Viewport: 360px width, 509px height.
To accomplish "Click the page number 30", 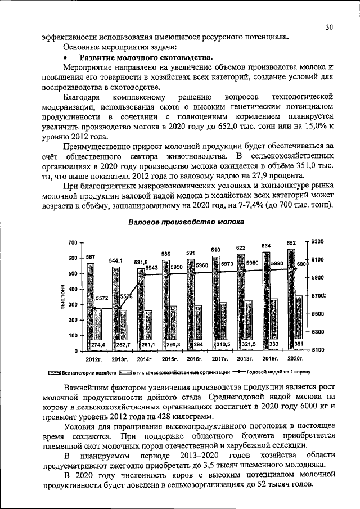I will [x=329, y=26].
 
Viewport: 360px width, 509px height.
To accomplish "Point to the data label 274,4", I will [x=93, y=344].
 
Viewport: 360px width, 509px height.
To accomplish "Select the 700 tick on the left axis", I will [x=72, y=242].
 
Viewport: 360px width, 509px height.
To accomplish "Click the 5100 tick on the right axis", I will [x=318, y=350].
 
